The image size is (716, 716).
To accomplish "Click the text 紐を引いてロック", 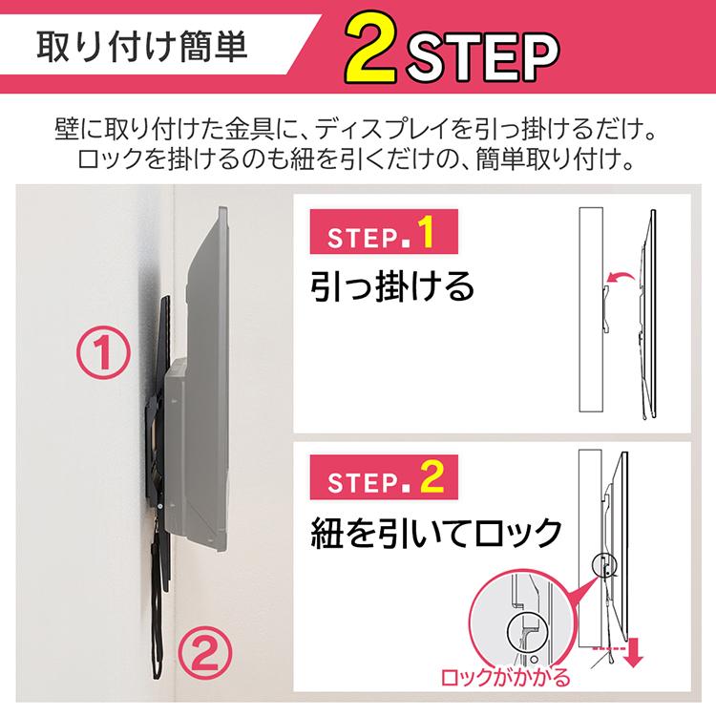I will [x=434, y=532].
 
